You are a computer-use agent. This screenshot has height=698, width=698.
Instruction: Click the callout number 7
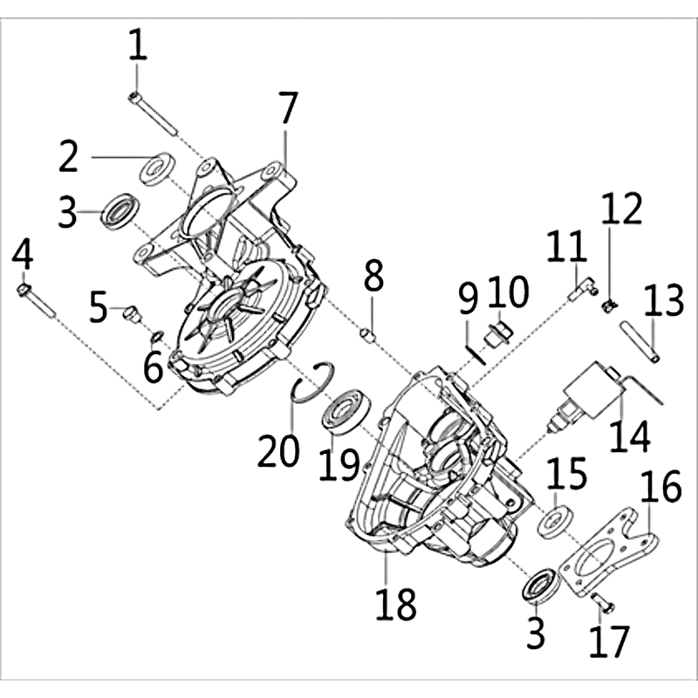288,107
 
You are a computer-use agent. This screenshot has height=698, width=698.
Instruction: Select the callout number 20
278,450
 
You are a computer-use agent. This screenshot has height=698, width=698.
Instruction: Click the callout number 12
622,209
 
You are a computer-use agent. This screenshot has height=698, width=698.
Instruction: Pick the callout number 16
660,486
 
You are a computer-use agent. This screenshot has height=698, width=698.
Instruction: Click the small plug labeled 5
133,314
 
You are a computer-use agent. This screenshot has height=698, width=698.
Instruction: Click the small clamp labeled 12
610,306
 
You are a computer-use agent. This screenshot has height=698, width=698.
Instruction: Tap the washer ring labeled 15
556,521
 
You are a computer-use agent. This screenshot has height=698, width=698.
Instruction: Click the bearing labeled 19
346,411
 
